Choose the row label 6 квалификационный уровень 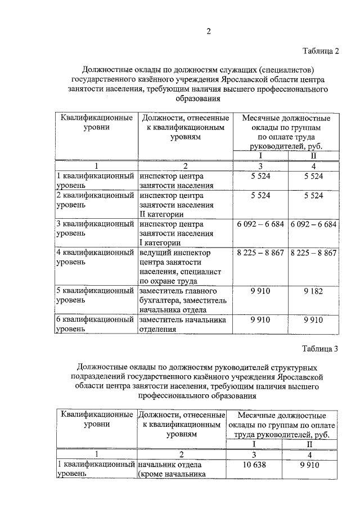point(96,325)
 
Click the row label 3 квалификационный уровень point(96,228)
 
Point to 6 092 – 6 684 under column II point(313,224)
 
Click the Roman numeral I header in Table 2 point(260,156)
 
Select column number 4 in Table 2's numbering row point(313,166)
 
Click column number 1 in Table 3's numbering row point(96,454)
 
